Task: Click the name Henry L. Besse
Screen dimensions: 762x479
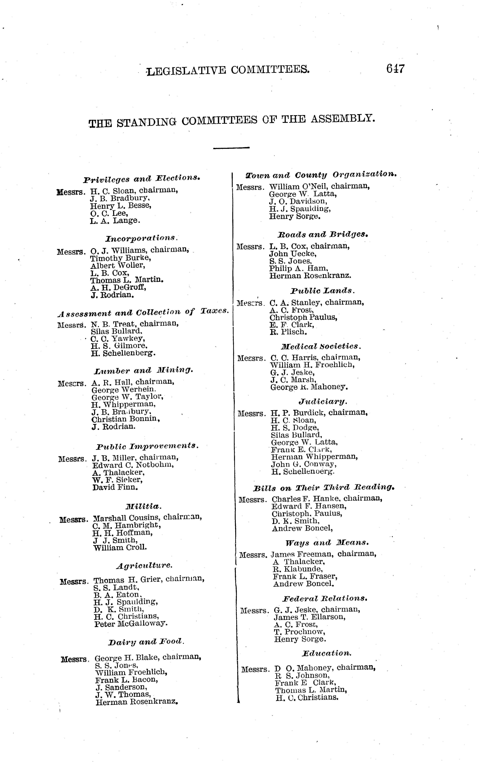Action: pos(121,206)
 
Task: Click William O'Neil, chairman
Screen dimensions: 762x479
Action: pos(319,186)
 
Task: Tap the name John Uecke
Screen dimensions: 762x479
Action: pos(292,254)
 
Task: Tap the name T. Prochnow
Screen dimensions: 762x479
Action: pos(299,632)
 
